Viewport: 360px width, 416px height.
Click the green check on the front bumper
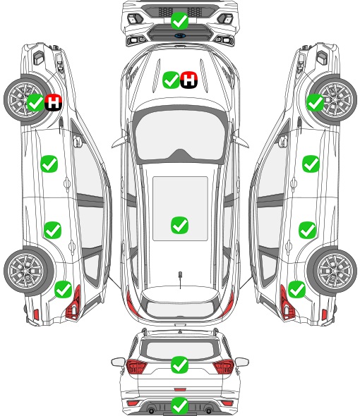[180, 20]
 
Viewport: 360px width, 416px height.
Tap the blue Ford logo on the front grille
[180, 35]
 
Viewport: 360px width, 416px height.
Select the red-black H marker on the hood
[189, 80]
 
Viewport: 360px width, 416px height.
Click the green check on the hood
[171, 80]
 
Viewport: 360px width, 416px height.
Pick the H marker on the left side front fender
[54, 102]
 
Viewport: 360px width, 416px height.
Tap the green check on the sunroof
[180, 225]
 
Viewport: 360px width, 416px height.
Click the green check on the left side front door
[49, 164]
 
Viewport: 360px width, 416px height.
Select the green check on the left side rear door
[53, 230]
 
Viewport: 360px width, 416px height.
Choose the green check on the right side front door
[311, 164]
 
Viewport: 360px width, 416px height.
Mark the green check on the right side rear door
[307, 230]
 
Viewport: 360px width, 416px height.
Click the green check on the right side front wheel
[316, 102]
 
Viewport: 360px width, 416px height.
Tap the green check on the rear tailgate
[180, 365]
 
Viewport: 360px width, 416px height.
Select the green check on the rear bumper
[180, 405]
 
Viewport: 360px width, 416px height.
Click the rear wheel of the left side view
[26, 271]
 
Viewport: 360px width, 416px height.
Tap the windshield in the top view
[180, 135]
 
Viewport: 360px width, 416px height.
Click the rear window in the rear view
[180, 350]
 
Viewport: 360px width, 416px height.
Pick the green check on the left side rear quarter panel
[64, 289]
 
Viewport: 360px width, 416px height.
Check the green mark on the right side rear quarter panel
[296, 289]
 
